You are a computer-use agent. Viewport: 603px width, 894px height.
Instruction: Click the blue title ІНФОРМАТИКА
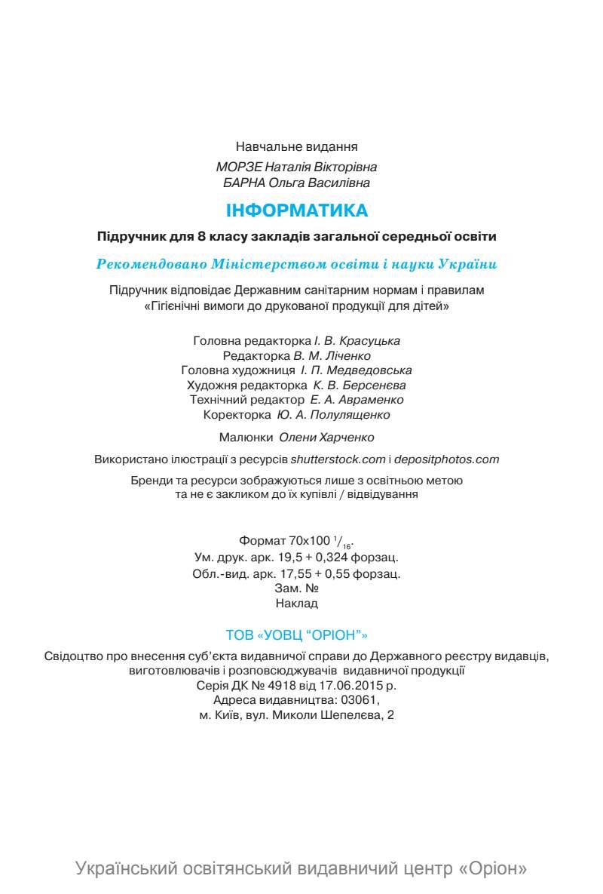[x=298, y=210]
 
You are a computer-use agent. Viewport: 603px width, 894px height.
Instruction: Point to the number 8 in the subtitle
[x=201, y=237]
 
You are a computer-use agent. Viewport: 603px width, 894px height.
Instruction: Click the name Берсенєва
[x=373, y=385]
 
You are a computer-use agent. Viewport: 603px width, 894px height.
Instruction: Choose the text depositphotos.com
[x=447, y=459]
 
